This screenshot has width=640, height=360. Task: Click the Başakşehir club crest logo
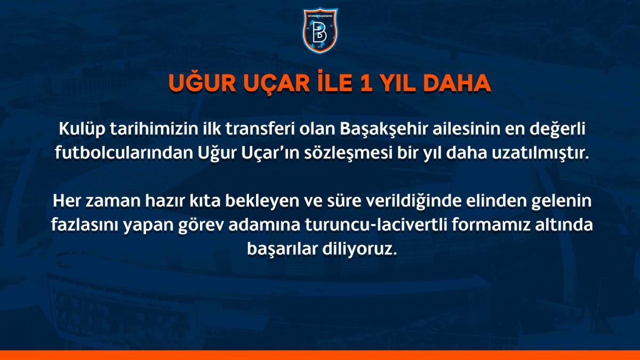[x=321, y=30]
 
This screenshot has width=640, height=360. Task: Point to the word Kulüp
[x=78, y=130]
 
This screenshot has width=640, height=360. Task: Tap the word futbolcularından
[x=113, y=154]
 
